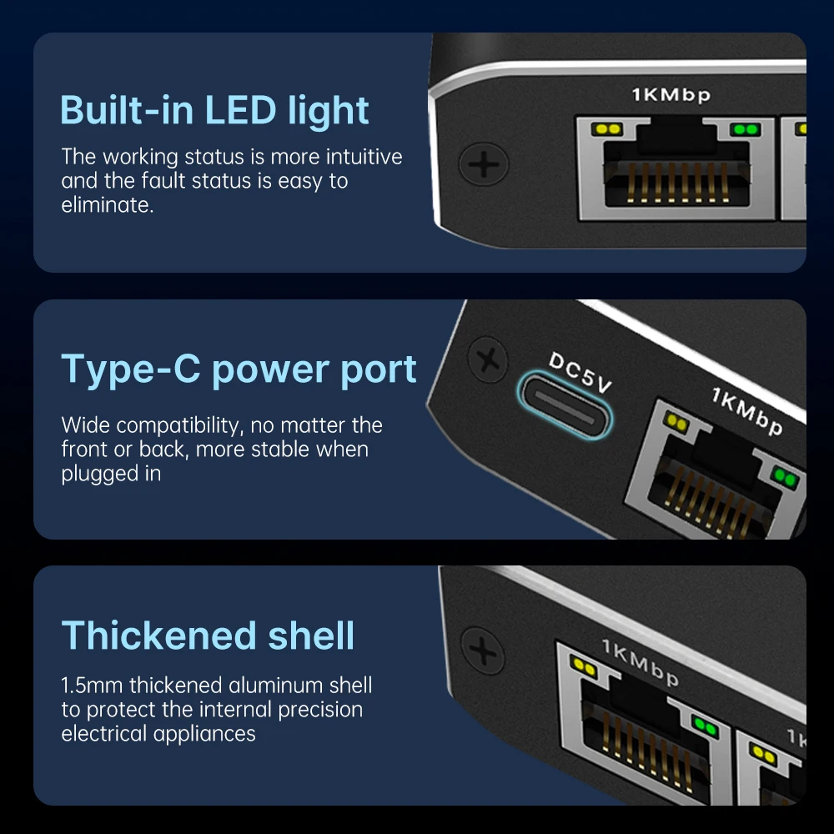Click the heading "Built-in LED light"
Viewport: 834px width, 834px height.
(x=214, y=111)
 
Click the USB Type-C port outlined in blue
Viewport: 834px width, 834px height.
(x=565, y=404)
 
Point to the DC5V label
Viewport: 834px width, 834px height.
(x=580, y=372)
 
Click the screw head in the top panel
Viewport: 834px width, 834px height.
(x=484, y=163)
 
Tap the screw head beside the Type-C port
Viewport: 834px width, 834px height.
(x=488, y=360)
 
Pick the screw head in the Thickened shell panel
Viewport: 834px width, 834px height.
(x=483, y=651)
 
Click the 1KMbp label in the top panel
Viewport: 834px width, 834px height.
(x=671, y=95)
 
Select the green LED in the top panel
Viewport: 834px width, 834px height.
(x=745, y=129)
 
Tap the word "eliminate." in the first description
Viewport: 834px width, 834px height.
(x=108, y=205)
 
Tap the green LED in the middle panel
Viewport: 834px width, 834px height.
(x=785, y=477)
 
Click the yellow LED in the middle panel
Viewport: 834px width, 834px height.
(x=677, y=422)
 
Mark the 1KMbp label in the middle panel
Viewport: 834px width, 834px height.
(x=747, y=411)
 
